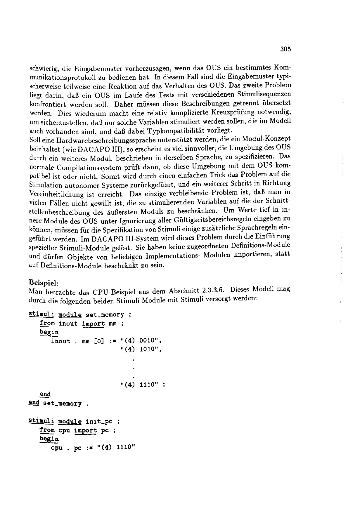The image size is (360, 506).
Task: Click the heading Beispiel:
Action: pyautogui.click(x=44, y=282)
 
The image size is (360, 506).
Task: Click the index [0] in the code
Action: pyautogui.click(x=99, y=341)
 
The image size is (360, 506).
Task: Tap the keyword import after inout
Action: pyautogui.click(x=93, y=324)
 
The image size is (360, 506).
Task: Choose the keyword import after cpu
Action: pyautogui.click(x=85, y=430)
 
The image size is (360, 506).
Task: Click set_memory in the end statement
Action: pyautogui.click(x=62, y=404)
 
